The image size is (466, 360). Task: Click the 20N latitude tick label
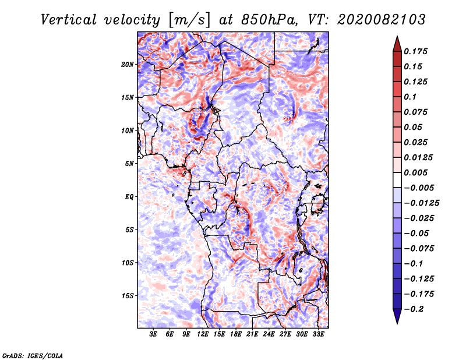[x=128, y=64]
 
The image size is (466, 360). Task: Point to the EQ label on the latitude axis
[x=129, y=196]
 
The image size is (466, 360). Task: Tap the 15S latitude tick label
[x=128, y=296]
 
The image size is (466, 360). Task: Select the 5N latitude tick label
[x=129, y=164]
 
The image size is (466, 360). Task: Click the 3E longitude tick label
[x=153, y=334]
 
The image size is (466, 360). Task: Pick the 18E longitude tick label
[x=236, y=334]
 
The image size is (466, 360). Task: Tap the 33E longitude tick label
[x=318, y=334]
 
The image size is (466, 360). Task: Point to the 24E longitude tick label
[x=269, y=334]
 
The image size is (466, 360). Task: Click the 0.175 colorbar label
[x=415, y=51]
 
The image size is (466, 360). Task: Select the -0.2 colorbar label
[x=414, y=309]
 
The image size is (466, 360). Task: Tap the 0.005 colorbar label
[x=415, y=172]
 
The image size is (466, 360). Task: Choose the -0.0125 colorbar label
[x=421, y=203]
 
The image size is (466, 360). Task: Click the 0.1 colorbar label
[x=410, y=97]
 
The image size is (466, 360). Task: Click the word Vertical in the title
[x=69, y=20]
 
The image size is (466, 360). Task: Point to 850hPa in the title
[x=270, y=20]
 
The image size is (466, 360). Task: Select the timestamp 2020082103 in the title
[x=382, y=20]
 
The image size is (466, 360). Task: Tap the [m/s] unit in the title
[x=189, y=20]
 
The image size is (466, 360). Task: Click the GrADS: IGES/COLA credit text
[x=33, y=355]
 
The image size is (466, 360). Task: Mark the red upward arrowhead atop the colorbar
[x=397, y=44]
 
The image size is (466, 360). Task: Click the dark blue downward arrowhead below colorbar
[x=397, y=316]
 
